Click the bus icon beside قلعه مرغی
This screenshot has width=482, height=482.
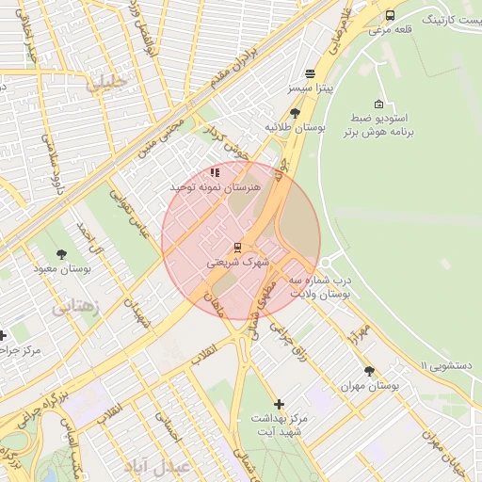(390, 16)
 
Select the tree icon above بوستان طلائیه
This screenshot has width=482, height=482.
(295, 112)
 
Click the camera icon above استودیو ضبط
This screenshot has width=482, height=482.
(378, 104)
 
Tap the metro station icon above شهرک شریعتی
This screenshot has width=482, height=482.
(237, 248)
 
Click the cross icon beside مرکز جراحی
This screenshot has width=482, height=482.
(3, 335)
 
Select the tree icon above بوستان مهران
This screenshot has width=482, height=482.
(368, 371)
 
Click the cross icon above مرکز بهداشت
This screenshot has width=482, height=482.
(279, 403)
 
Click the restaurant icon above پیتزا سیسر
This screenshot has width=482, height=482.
(310, 73)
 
